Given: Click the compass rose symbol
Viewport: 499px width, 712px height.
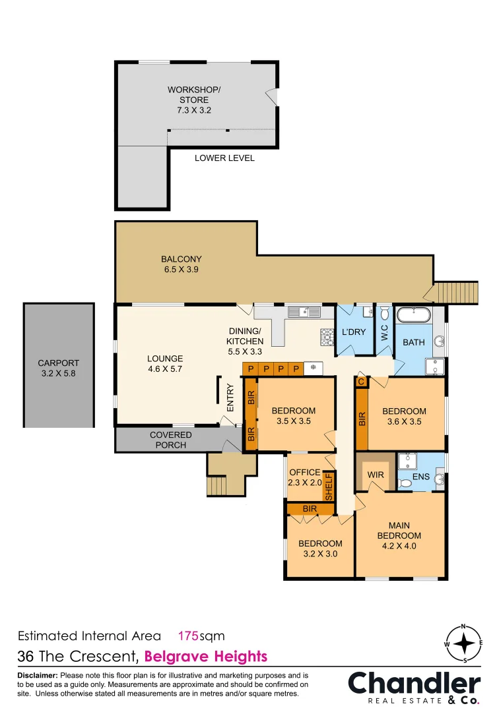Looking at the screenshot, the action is click(463, 643).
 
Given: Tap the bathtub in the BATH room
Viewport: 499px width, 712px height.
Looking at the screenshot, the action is click(414, 314).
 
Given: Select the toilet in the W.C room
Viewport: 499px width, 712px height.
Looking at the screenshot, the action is click(384, 313).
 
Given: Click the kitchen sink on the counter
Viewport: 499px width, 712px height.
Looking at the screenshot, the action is click(304, 312).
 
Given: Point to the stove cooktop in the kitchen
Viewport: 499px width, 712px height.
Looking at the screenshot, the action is click(327, 337).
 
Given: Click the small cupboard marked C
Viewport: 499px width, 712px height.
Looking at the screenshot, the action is click(361, 382).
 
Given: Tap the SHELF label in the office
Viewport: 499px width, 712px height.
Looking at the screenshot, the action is click(329, 487).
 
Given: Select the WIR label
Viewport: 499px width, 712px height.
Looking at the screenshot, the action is click(376, 475).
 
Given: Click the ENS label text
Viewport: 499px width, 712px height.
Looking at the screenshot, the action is click(421, 477).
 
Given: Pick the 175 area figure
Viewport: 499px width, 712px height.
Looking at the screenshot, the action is click(188, 636).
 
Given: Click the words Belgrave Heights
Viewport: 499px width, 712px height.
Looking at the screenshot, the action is click(206, 657).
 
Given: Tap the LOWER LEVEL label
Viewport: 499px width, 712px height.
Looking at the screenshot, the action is click(224, 158).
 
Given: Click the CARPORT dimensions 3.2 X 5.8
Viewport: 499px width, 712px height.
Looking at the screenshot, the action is click(59, 373).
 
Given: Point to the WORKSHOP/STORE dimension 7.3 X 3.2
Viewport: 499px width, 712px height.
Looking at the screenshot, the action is click(194, 110).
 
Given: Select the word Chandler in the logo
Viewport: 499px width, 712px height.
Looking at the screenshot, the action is click(415, 684).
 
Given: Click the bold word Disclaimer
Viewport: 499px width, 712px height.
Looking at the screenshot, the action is click(38, 675).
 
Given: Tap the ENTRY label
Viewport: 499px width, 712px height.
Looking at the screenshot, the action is click(230, 398).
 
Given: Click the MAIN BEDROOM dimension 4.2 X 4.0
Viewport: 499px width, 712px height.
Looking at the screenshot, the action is click(399, 546).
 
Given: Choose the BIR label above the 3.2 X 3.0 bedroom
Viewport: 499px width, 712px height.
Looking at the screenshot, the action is click(310, 508).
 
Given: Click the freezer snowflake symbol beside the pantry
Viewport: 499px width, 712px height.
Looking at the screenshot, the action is click(313, 367).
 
